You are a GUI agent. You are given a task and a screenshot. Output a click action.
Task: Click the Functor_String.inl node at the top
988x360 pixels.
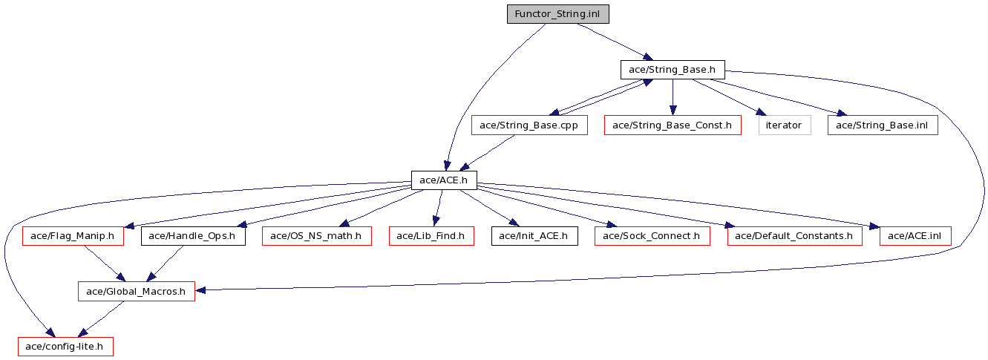(x=558, y=14)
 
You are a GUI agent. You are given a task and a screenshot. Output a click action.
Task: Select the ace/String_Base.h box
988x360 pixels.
(x=673, y=70)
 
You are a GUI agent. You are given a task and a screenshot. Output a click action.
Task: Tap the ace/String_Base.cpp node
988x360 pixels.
(x=529, y=125)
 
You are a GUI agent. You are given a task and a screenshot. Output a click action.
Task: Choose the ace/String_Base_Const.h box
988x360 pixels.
(x=673, y=125)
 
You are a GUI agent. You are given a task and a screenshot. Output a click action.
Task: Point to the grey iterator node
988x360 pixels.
(x=785, y=125)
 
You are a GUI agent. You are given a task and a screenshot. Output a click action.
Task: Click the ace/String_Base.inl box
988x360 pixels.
(x=883, y=125)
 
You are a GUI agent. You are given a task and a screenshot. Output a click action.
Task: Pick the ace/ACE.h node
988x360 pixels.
(x=444, y=180)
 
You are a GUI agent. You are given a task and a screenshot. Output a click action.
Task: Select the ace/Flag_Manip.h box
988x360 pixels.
(x=73, y=236)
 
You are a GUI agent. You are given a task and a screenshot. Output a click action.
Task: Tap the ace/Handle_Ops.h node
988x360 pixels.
(x=193, y=236)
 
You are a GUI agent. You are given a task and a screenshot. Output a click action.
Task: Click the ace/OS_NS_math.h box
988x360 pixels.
(x=317, y=236)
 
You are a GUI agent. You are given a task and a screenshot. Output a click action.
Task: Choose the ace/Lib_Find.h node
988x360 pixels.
(x=431, y=236)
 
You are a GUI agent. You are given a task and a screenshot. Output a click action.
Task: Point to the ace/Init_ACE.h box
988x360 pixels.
(x=534, y=236)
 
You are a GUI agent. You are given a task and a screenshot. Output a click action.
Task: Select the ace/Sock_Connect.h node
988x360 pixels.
(x=652, y=236)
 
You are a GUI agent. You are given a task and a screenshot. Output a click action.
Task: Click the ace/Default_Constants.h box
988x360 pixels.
(x=795, y=236)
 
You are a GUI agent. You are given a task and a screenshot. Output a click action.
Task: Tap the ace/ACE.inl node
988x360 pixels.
(x=915, y=236)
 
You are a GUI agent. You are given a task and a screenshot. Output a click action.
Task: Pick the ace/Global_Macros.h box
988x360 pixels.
(x=137, y=292)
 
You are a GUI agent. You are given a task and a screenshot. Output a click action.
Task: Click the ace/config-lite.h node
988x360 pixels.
(x=66, y=347)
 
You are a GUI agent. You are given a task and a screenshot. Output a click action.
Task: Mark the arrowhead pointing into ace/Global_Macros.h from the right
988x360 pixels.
(x=200, y=289)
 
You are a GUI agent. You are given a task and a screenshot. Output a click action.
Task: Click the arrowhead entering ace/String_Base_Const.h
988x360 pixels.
(x=673, y=111)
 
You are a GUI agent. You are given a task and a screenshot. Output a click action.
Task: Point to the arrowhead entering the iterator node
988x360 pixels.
(x=762, y=112)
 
